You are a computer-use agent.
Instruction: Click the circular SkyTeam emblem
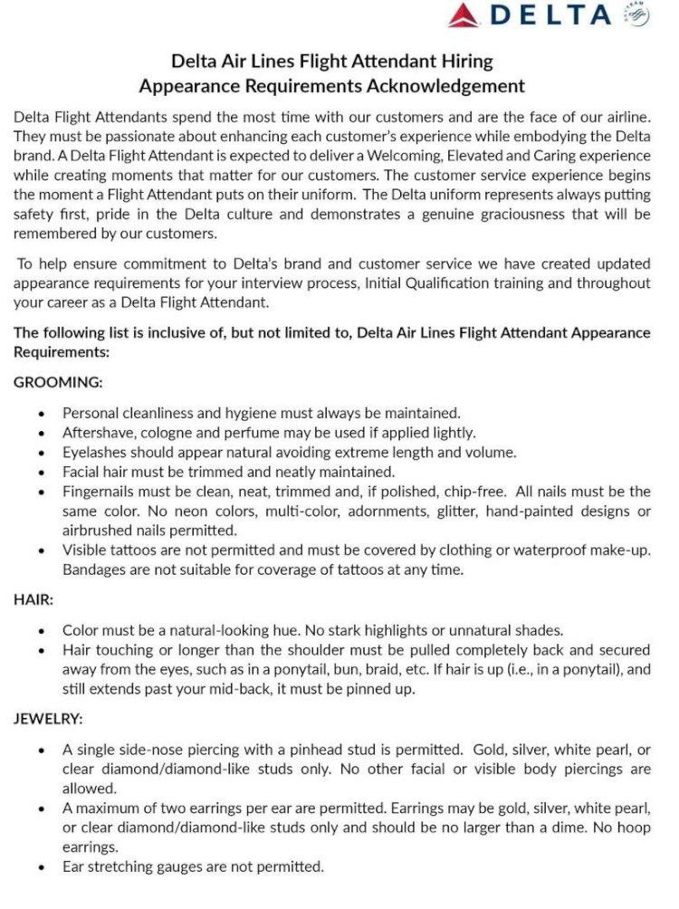tap(636, 15)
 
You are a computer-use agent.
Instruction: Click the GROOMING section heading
tap(58, 382)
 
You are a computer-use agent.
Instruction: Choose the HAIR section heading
tap(33, 598)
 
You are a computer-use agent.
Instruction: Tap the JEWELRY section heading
tap(48, 719)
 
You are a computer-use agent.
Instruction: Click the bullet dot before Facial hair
tap(42, 473)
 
